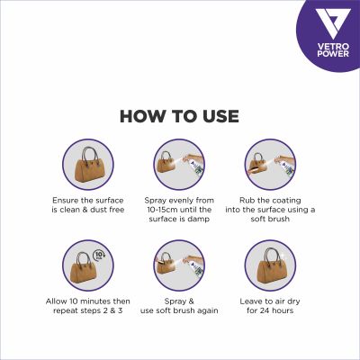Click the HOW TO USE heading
[179, 116]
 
